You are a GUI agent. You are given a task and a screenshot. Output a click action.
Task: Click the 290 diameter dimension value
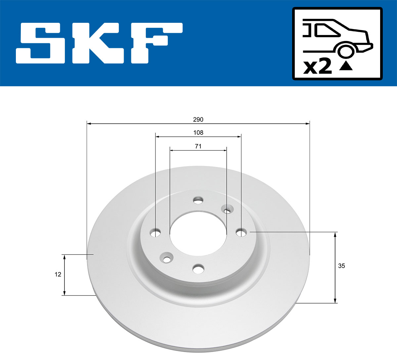(198, 119)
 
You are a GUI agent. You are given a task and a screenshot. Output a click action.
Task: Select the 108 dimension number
(198, 133)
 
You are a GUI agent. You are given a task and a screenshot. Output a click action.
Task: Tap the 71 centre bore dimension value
(198, 146)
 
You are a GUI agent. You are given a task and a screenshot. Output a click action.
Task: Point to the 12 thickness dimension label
(58, 274)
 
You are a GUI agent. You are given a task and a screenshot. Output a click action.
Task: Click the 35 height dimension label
(341, 266)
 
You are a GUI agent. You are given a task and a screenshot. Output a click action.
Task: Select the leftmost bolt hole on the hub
(155, 233)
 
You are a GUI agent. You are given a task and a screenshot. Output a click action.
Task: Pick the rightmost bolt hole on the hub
(241, 233)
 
